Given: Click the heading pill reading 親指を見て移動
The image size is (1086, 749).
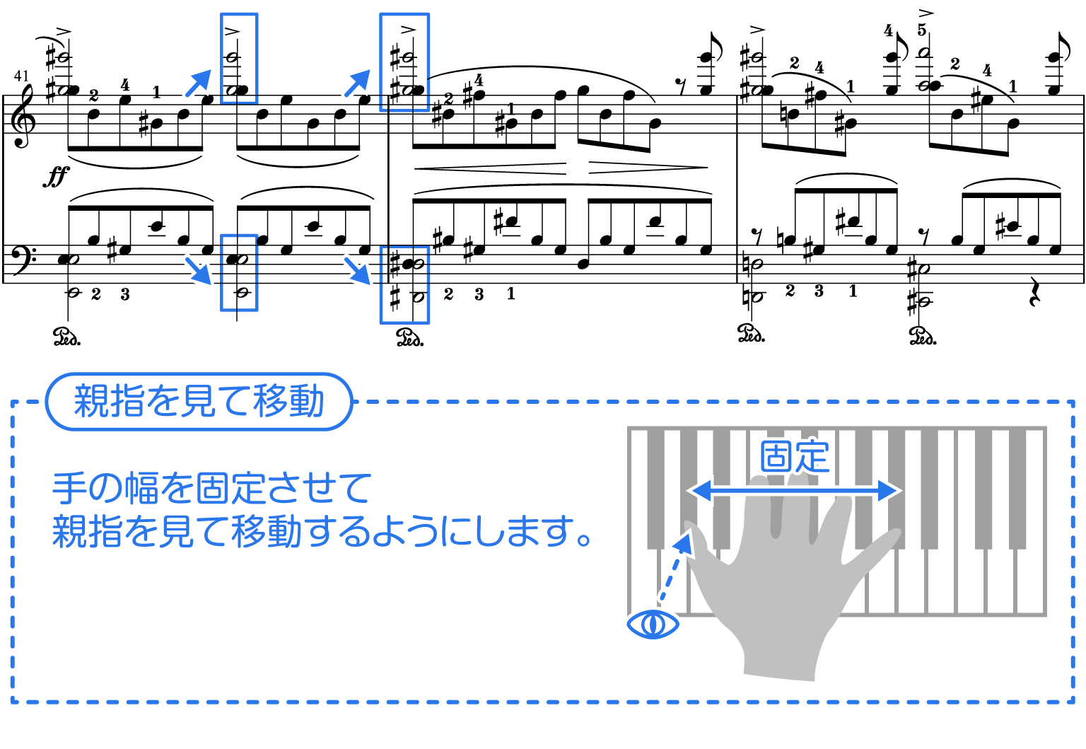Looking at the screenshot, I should (x=199, y=402).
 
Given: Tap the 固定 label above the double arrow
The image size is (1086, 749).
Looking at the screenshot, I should (x=795, y=456).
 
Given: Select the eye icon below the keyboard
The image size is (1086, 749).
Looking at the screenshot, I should (x=653, y=625).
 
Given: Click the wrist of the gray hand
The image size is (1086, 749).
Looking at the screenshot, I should (x=781, y=661).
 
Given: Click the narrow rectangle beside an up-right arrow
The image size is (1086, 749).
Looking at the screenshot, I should (x=239, y=58).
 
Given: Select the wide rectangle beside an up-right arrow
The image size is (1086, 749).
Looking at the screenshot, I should (x=404, y=62).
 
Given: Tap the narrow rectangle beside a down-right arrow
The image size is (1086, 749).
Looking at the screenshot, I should (x=239, y=272).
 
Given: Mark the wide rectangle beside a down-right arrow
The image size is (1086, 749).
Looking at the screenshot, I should (x=404, y=285).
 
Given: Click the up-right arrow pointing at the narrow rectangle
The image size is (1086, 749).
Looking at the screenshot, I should (x=199, y=82).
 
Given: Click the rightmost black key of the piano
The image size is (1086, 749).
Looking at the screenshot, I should (x=1017, y=488).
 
